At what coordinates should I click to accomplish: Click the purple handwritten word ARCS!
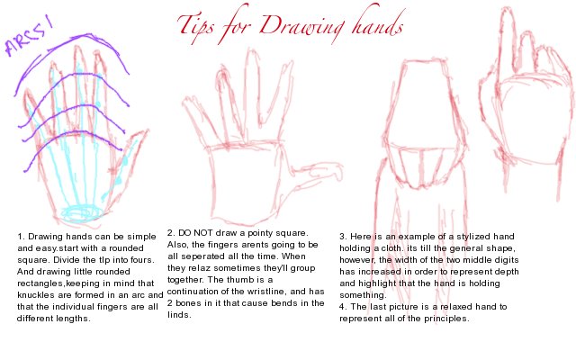(x=29, y=37)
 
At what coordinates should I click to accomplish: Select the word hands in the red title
(x=377, y=22)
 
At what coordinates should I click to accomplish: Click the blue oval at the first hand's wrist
(x=82, y=212)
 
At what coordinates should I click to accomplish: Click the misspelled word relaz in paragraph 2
(x=200, y=268)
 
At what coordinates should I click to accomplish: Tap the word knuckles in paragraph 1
(x=36, y=295)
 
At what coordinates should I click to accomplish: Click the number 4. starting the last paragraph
(x=344, y=307)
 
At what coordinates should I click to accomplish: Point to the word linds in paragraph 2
(x=179, y=315)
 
